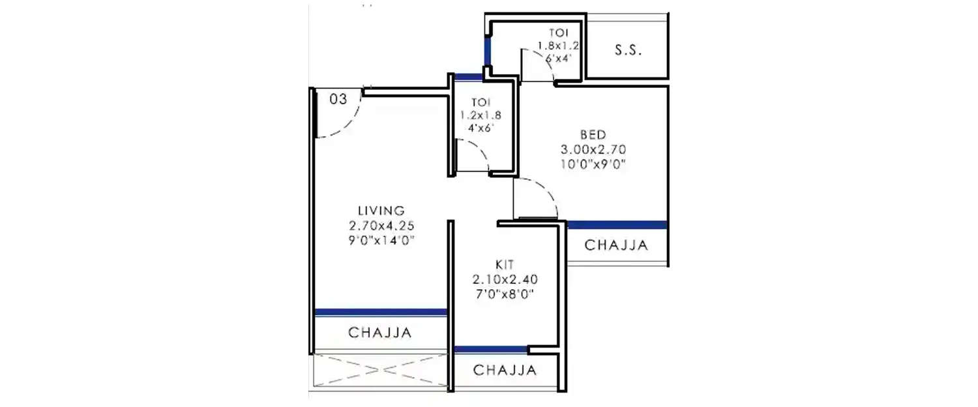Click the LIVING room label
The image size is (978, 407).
click(381, 210)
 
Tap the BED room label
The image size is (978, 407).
click(592, 135)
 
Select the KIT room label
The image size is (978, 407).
click(505, 264)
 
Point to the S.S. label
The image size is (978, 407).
click(628, 51)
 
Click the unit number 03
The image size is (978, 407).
click(337, 99)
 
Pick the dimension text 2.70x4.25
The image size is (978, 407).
click(381, 225)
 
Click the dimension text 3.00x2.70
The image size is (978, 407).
click(592, 149)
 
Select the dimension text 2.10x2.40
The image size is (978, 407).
click(505, 279)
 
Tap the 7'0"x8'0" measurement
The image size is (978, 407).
click(505, 294)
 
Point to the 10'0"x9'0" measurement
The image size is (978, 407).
click(592, 164)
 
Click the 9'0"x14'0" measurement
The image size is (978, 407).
click(381, 240)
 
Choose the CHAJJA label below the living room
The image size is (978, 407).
click(380, 333)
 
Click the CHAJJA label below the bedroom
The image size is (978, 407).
click(616, 246)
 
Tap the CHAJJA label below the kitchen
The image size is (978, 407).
click(505, 371)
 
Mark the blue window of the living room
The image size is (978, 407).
click(380, 313)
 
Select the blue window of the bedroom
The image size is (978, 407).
click(617, 225)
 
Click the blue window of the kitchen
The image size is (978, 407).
click(490, 350)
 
